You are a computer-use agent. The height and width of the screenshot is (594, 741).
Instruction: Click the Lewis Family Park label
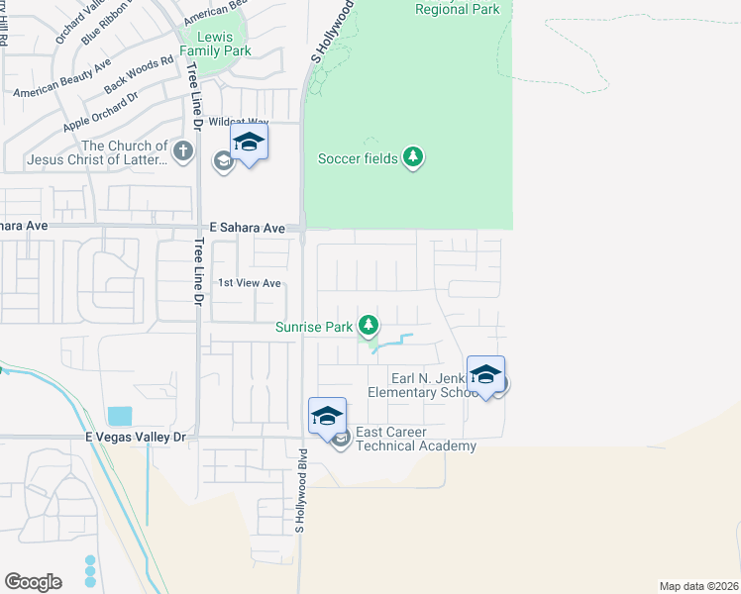click(217, 43)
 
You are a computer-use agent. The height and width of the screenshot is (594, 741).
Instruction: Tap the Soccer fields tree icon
click(413, 157)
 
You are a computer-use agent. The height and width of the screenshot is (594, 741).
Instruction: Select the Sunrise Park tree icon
click(369, 325)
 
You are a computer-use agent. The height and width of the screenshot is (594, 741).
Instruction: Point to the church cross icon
click(181, 151)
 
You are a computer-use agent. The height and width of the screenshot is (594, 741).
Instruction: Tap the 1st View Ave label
click(250, 283)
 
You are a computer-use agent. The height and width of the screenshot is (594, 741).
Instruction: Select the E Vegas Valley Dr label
click(136, 437)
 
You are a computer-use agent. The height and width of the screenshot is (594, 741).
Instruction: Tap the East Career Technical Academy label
click(415, 440)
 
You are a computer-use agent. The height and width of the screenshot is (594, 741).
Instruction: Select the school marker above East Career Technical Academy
click(327, 416)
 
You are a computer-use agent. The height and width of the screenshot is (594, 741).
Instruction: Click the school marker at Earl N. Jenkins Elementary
click(485, 374)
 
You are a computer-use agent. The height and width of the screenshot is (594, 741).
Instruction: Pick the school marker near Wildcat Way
click(249, 142)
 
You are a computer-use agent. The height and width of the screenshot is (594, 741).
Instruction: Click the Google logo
click(33, 581)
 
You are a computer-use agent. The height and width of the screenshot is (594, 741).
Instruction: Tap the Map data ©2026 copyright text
click(698, 586)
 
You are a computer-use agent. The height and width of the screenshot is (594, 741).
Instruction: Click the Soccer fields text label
click(358, 158)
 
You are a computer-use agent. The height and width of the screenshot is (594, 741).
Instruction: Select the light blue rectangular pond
click(119, 416)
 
